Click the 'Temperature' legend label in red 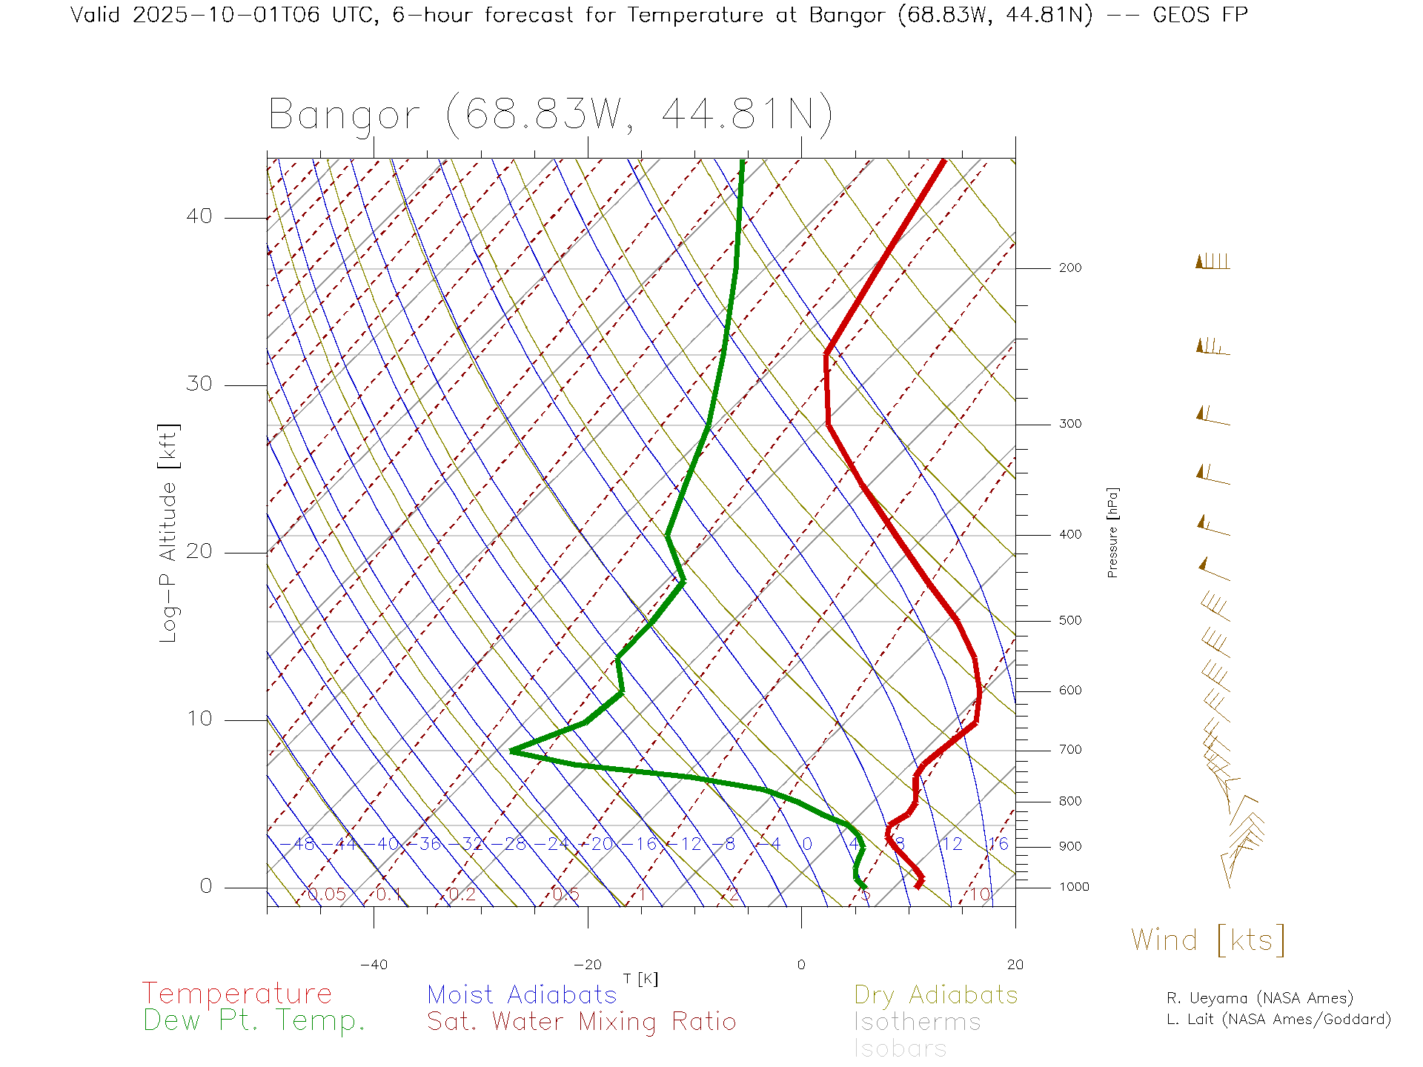pyautogui.click(x=236, y=994)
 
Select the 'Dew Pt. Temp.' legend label pyautogui.click(x=254, y=1021)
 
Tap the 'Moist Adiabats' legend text pyautogui.click(x=522, y=995)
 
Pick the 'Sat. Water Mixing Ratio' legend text pyautogui.click(x=581, y=1022)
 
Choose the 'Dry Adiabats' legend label pyautogui.click(x=935, y=995)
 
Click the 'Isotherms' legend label pyautogui.click(x=917, y=1023)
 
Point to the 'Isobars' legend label pyautogui.click(x=900, y=1048)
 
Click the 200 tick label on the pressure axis pyautogui.click(x=1069, y=268)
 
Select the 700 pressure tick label pyautogui.click(x=1069, y=750)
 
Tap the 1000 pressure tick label pyautogui.click(x=1074, y=887)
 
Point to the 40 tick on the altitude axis pyautogui.click(x=199, y=216)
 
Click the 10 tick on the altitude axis pyautogui.click(x=199, y=719)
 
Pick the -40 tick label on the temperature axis pyautogui.click(x=374, y=965)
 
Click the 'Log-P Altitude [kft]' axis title pyautogui.click(x=169, y=533)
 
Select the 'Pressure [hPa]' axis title pyautogui.click(x=1112, y=532)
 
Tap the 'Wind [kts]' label pyautogui.click(x=1207, y=940)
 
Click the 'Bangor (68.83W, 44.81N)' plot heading pyautogui.click(x=550, y=116)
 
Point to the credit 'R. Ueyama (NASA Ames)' pyautogui.click(x=1259, y=998)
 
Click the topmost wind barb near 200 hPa pyautogui.click(x=1213, y=262)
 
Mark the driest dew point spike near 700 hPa pyautogui.click(x=512, y=751)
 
